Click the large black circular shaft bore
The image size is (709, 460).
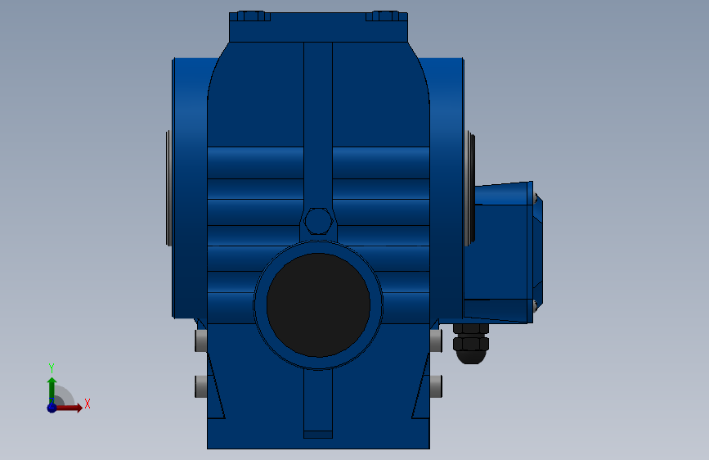coord(318,305)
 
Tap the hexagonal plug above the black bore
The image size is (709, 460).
coord(319,221)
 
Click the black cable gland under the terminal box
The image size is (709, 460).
coord(471,344)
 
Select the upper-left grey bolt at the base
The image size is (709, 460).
coord(201,340)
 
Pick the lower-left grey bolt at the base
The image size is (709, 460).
coord(201,386)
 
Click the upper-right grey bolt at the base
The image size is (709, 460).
coord(436,340)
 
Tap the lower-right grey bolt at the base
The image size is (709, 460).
coord(436,386)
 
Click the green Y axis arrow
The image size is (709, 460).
coord(52,390)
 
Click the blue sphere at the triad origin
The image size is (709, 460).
coord(52,408)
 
